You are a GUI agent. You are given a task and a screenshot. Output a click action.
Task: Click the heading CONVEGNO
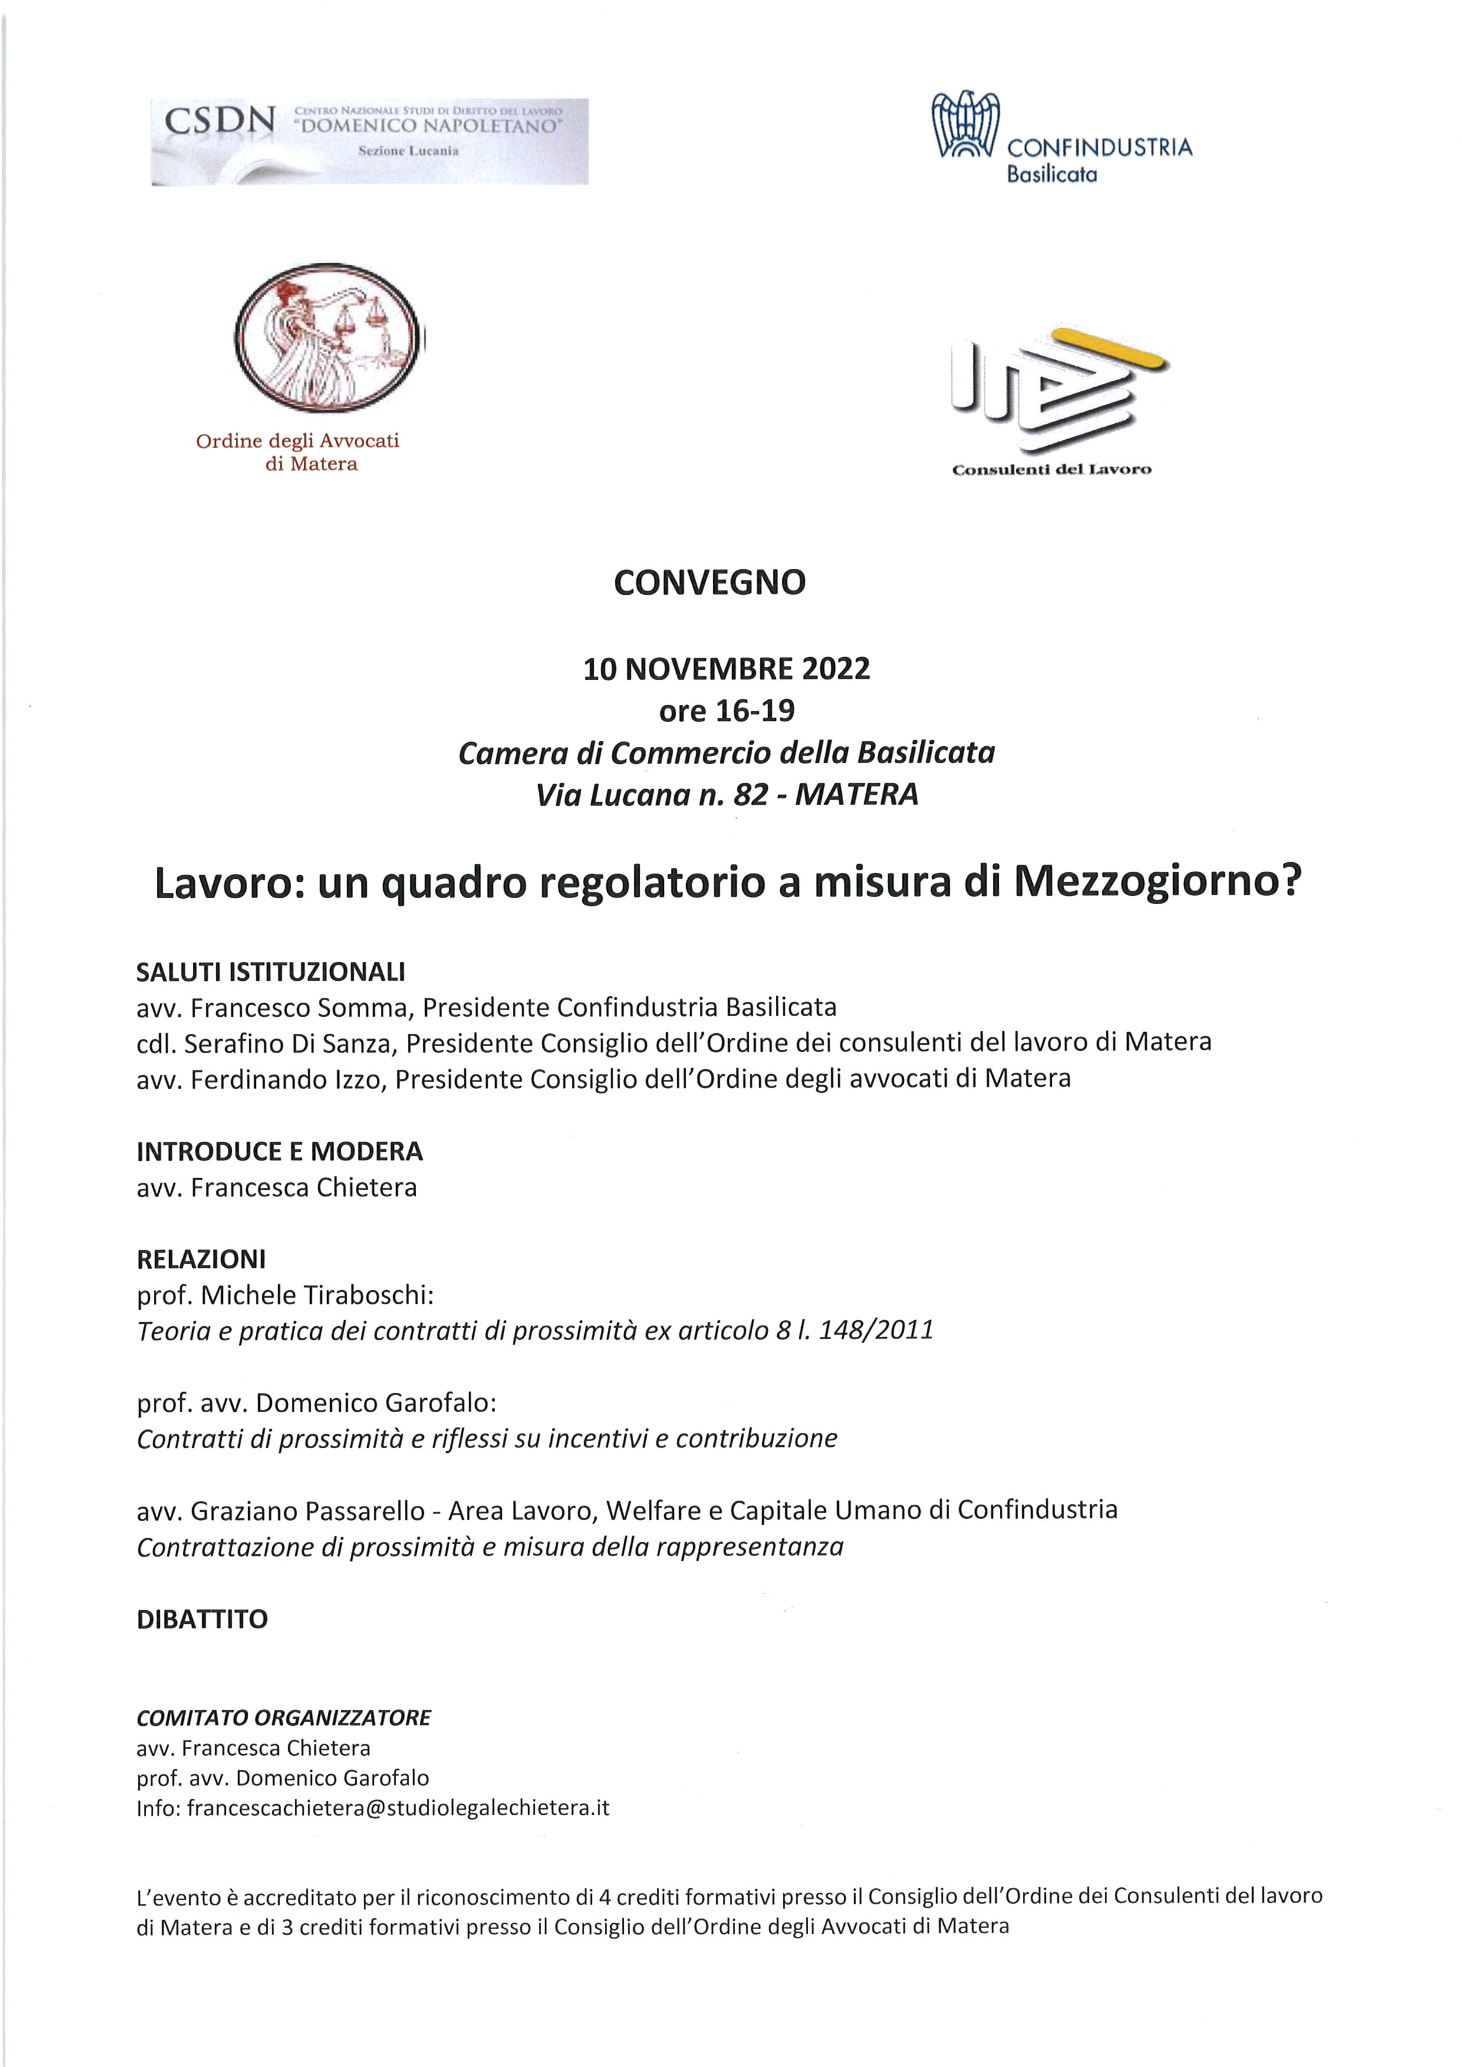point(709,582)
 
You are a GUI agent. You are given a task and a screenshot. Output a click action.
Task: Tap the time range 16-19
point(755,711)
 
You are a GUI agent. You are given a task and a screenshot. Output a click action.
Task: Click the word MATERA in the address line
point(857,794)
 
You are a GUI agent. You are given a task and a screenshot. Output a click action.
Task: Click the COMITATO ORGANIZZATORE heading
point(284,1717)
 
